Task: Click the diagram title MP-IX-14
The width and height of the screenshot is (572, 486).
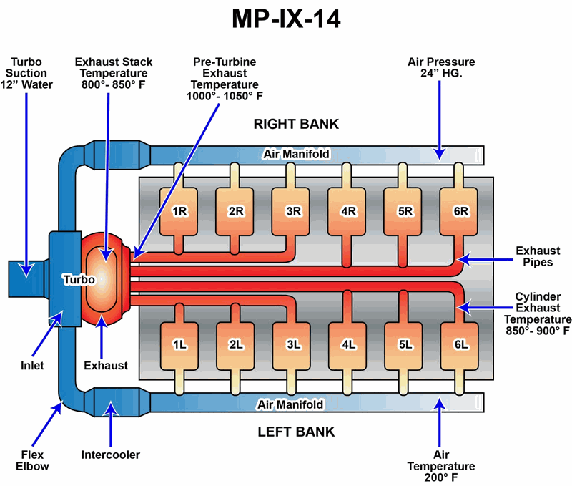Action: point(286,19)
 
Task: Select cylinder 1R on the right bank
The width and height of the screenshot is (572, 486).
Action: point(179,211)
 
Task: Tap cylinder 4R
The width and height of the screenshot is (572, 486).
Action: point(348,211)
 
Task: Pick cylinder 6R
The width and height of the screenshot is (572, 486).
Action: point(460,211)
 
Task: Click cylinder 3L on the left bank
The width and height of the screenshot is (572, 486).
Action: point(292,344)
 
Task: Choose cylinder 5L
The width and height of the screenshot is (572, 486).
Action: point(405,344)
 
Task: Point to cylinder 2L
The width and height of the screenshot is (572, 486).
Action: point(236,344)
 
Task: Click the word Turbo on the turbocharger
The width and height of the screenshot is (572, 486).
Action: point(78,280)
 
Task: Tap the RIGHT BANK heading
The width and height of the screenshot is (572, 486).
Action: point(296,124)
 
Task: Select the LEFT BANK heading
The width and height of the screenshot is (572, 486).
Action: point(296,432)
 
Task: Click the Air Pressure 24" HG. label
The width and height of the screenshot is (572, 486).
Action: point(441,68)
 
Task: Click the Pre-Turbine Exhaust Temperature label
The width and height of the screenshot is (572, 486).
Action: point(225,79)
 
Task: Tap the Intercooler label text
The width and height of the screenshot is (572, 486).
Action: point(111,455)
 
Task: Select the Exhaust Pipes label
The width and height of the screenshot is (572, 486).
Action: point(538,257)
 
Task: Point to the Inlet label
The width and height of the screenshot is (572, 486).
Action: point(31,366)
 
